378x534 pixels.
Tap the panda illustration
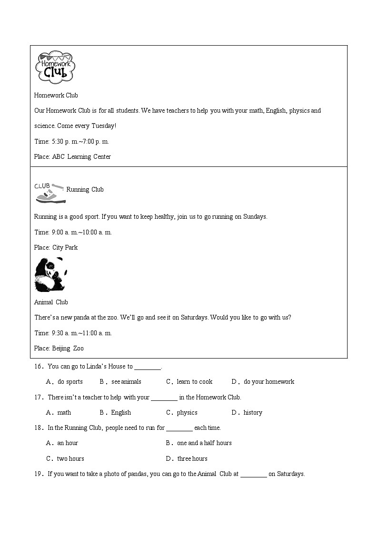(x=50, y=274)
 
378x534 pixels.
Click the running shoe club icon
(x=50, y=192)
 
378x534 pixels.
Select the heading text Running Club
(x=85, y=190)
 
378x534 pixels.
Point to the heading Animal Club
(x=51, y=302)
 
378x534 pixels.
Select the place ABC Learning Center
(x=81, y=157)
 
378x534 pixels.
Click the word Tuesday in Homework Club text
(x=102, y=126)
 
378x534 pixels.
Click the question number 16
(x=39, y=367)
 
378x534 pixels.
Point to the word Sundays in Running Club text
(x=255, y=217)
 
